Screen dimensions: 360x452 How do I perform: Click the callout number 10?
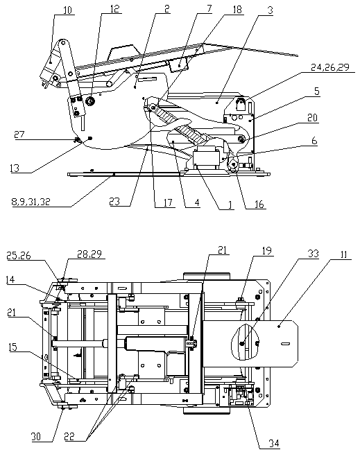tap(67, 10)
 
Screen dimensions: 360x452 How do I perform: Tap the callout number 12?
tap(114, 8)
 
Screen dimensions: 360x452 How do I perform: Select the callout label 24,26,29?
tap(330, 67)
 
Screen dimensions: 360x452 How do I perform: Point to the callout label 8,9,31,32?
tap(31, 202)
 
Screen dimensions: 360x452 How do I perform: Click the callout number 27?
tap(19, 134)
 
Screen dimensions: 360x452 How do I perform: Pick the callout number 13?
tap(15, 168)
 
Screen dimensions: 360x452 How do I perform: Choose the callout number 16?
tap(259, 204)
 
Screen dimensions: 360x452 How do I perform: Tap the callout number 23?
tap(114, 202)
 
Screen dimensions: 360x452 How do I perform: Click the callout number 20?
tap(312, 118)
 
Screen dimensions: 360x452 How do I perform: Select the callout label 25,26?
tap(19, 256)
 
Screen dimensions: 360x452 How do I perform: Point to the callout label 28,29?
tap(89, 254)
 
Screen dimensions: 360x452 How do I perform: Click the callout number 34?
tap(274, 444)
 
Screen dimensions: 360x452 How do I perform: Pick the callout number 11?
tap(344, 255)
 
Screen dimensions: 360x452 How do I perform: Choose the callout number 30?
tap(36, 437)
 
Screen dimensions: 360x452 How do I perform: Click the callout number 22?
tap(69, 437)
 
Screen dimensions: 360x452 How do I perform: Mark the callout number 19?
tap(267, 251)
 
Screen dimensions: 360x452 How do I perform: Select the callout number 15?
tap(12, 347)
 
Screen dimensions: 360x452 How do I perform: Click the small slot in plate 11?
tap(285, 343)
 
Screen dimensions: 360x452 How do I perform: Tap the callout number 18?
tap(237, 10)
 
